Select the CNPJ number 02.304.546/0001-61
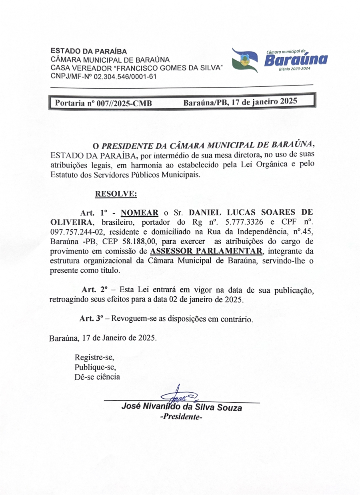point(125,76)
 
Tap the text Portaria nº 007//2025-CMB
point(103,103)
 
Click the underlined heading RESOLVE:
point(116,194)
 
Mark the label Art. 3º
point(92,319)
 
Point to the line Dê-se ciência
point(97,376)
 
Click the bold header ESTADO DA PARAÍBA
point(88,52)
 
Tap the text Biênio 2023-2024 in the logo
point(294,69)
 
